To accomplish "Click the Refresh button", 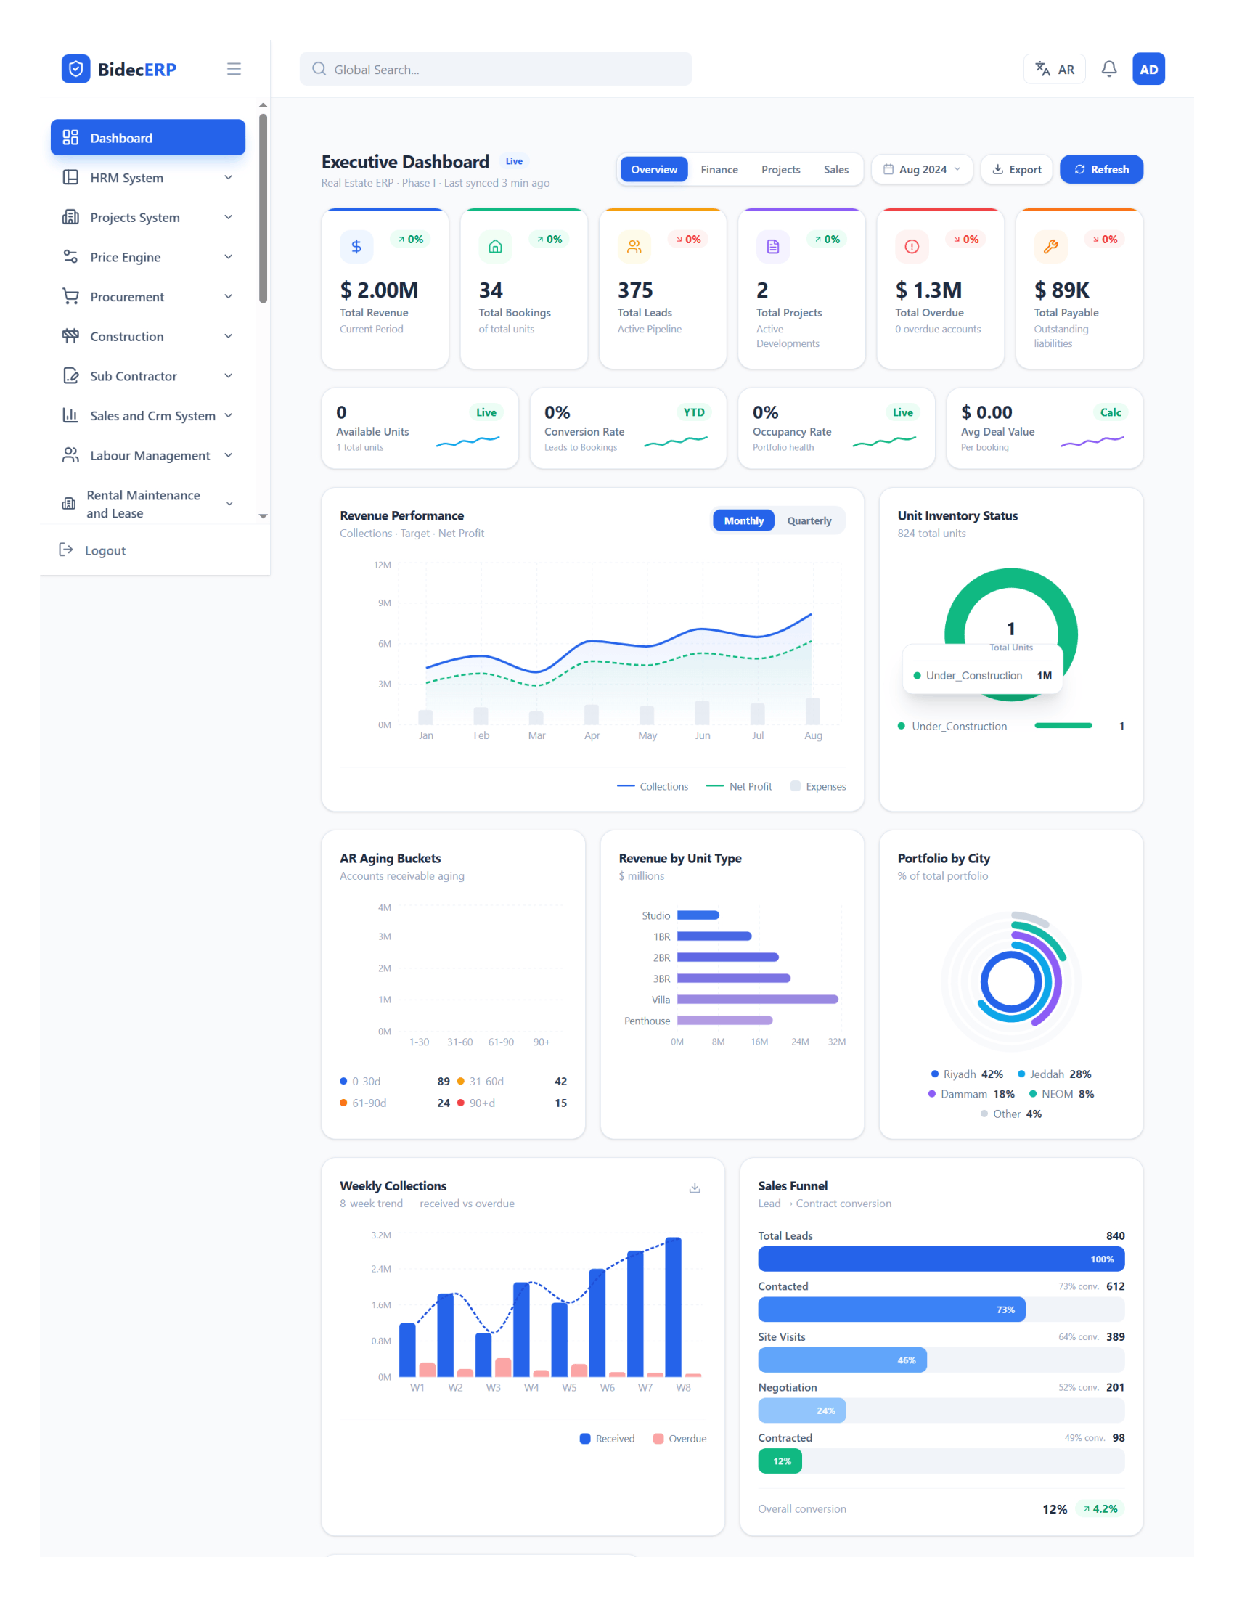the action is click(1101, 169).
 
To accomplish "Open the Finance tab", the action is click(719, 170).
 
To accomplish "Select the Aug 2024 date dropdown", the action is click(922, 169).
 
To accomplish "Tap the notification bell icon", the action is click(1108, 69).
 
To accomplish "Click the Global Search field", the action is click(495, 69).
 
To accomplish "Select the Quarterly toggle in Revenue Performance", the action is click(809, 520).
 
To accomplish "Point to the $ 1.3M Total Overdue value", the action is click(928, 290).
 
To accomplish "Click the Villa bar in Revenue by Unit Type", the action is click(757, 1000).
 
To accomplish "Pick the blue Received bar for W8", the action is click(674, 1307).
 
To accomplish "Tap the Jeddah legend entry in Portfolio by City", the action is click(1054, 1074).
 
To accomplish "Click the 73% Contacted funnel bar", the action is click(891, 1309).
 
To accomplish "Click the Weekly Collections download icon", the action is click(695, 1188).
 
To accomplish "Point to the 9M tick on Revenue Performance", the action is click(384, 603).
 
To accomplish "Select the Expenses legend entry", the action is click(818, 786).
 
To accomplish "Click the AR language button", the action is click(1054, 70).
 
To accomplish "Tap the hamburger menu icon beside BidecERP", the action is click(234, 69).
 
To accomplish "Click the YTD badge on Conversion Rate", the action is click(694, 412).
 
